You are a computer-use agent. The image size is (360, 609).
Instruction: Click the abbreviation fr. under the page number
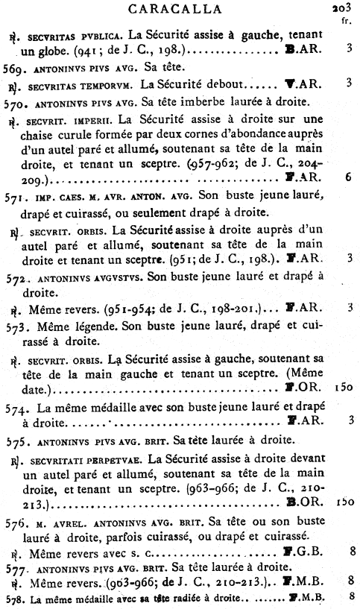point(346,21)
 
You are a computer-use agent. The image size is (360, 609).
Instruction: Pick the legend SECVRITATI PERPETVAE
point(85,458)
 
